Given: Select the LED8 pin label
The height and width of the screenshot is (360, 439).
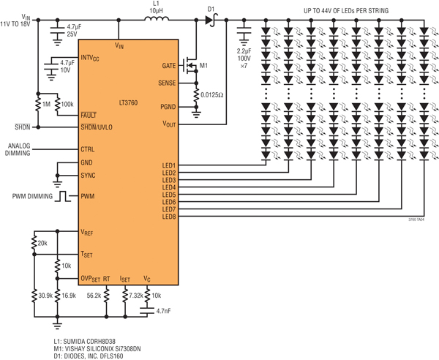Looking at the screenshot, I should (x=169, y=216).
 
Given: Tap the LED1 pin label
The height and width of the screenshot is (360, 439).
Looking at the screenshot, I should (x=169, y=165).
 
